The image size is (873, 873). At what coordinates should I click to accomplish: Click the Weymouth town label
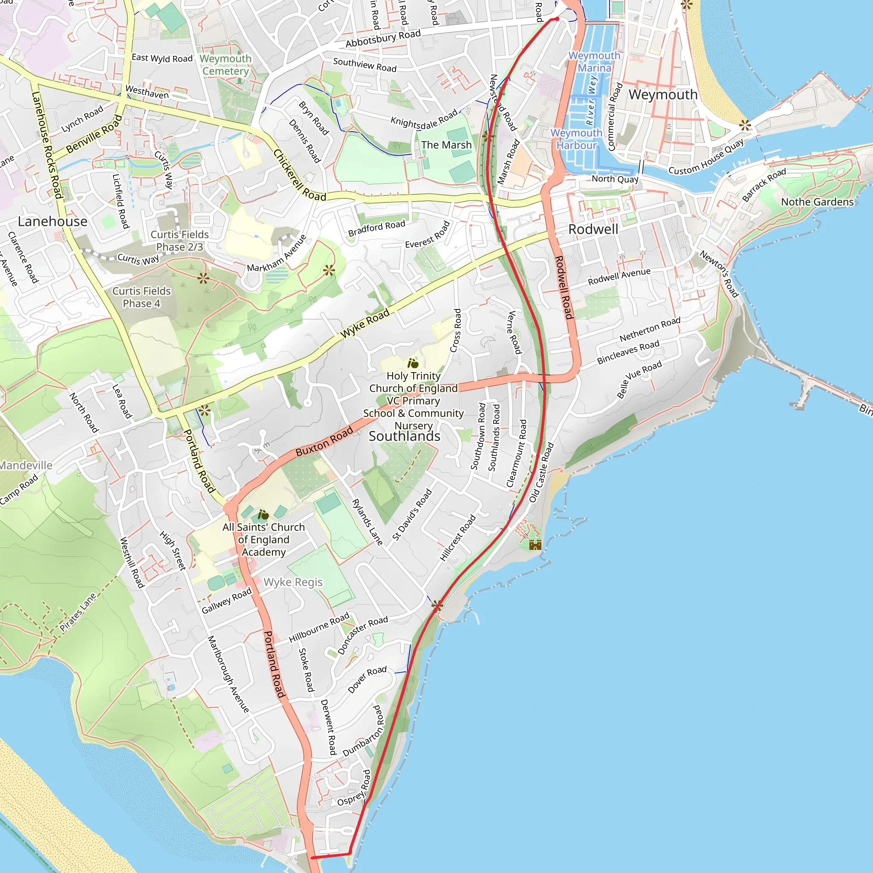(x=663, y=95)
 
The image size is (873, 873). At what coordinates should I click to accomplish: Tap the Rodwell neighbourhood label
(x=593, y=229)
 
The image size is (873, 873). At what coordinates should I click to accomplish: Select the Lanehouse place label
(x=52, y=221)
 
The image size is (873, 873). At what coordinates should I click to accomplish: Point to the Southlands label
(x=404, y=436)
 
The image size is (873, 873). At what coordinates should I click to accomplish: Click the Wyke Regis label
(x=293, y=582)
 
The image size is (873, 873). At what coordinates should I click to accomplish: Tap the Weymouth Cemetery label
(x=225, y=65)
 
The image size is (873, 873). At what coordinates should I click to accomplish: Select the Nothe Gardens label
(x=817, y=202)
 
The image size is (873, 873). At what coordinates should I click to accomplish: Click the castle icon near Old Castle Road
(x=535, y=544)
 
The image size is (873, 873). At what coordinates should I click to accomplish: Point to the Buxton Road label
(x=324, y=442)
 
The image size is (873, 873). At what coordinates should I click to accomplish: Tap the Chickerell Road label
(x=299, y=176)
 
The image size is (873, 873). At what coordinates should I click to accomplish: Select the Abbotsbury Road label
(x=383, y=38)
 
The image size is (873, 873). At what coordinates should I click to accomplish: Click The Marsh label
(x=446, y=145)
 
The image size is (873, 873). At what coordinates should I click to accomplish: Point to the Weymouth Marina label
(x=594, y=61)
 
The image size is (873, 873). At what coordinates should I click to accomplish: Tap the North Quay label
(x=615, y=179)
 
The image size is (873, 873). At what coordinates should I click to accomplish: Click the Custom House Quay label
(x=706, y=158)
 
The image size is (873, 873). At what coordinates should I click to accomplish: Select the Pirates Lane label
(x=78, y=612)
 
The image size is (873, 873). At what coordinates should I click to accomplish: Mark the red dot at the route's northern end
(x=557, y=19)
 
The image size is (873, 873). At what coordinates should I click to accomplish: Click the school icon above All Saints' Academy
(x=263, y=515)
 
